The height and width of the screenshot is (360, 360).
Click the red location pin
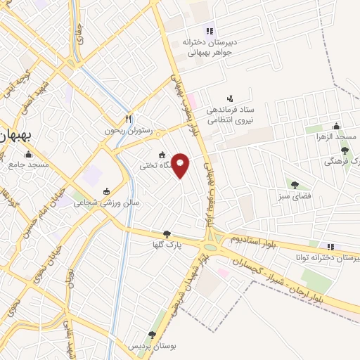[181, 165]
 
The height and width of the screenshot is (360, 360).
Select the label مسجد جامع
[29, 165]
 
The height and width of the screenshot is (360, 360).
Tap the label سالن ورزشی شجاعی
[107, 202]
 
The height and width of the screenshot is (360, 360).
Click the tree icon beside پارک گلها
[167, 234]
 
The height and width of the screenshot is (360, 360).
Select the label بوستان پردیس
[151, 347]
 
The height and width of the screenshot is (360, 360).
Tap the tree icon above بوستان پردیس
[152, 335]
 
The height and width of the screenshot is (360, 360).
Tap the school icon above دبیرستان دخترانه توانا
[330, 246]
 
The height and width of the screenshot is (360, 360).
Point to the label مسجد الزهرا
[336, 136]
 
